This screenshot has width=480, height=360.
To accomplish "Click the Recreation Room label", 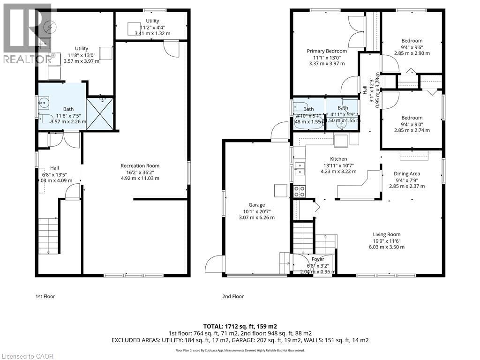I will point(140,165).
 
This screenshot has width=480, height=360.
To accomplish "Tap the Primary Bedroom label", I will point(327,51).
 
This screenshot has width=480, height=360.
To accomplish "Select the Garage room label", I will point(256,205).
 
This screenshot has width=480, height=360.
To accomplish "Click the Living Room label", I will point(386,234).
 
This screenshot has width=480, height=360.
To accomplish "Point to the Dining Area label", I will point(407,173).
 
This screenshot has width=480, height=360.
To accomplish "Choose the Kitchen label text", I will point(338,159).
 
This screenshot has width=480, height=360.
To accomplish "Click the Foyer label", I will point(317,259).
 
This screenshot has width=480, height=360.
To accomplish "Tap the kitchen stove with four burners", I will point(299,191).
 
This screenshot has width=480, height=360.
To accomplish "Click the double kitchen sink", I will point(299,168).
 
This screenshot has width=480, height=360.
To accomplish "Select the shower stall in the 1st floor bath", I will point(100,113).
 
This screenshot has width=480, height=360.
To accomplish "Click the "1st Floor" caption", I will point(45,296).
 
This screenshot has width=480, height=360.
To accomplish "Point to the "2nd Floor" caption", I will point(232,296).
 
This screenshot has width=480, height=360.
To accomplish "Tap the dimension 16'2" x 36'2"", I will point(140,172).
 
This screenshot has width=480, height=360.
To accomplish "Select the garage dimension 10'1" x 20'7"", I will point(256,211).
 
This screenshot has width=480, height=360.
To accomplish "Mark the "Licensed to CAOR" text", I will point(27,356).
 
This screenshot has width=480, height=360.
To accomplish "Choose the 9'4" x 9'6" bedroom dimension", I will point(412,47).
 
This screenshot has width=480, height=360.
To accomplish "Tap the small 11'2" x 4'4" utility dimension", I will point(152,27).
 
